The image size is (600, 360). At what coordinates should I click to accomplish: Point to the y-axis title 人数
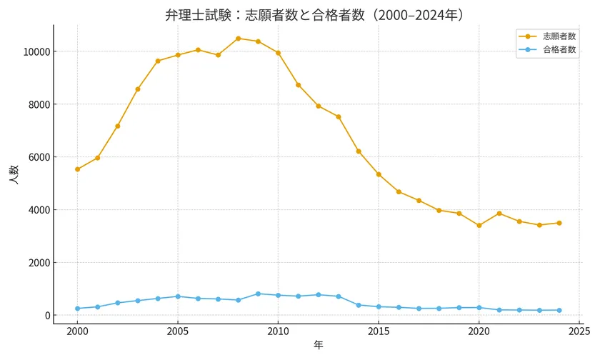tap(14, 175)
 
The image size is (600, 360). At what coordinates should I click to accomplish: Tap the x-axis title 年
tap(318, 345)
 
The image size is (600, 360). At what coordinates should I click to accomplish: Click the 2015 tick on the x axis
tap(379, 331)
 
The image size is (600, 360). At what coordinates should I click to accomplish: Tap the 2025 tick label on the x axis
tap(579, 331)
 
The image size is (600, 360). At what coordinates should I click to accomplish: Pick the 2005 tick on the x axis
tap(178, 331)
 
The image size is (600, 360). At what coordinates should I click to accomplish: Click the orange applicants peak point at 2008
tap(238, 39)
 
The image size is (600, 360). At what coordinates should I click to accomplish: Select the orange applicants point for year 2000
tap(77, 169)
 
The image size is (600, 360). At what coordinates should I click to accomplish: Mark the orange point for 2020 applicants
tap(479, 226)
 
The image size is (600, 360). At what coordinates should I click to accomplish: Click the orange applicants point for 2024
tap(559, 223)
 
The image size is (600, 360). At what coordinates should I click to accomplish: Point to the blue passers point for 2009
tap(258, 294)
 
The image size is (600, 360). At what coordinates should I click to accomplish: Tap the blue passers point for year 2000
tap(77, 309)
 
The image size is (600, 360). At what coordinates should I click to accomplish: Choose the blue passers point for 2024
tap(559, 310)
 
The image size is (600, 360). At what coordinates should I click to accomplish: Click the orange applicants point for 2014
tap(359, 151)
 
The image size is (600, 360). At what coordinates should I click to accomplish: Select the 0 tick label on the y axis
tap(46, 316)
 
